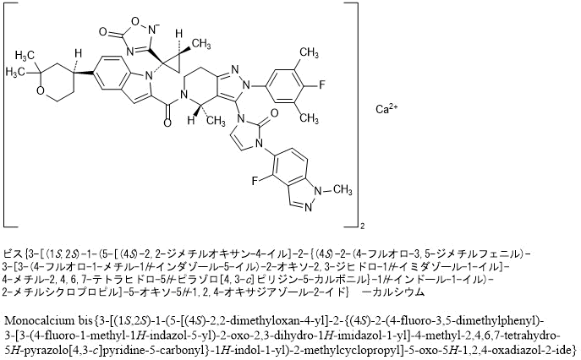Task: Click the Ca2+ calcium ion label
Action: (386, 109)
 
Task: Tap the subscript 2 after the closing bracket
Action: (362, 226)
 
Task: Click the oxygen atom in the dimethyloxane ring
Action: (41, 90)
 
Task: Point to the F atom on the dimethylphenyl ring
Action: (321, 85)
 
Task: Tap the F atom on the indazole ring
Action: (255, 181)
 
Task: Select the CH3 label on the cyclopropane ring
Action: (202, 44)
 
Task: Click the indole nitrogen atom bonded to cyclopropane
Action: (149, 76)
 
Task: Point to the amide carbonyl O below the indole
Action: (167, 123)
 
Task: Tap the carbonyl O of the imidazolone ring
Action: (274, 113)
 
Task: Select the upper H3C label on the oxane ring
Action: (25, 56)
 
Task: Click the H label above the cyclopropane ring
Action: (179, 34)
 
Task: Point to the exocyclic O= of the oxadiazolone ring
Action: (103, 32)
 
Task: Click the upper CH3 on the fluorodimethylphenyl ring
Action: (310, 52)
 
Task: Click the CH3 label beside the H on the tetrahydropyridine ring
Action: (216, 121)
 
